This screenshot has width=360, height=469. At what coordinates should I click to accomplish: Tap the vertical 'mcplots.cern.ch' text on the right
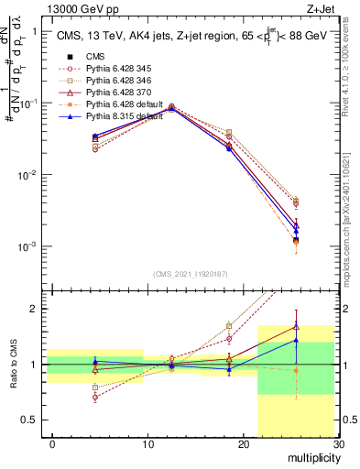point(352,211)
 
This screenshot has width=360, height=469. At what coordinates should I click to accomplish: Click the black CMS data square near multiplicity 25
point(295,241)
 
